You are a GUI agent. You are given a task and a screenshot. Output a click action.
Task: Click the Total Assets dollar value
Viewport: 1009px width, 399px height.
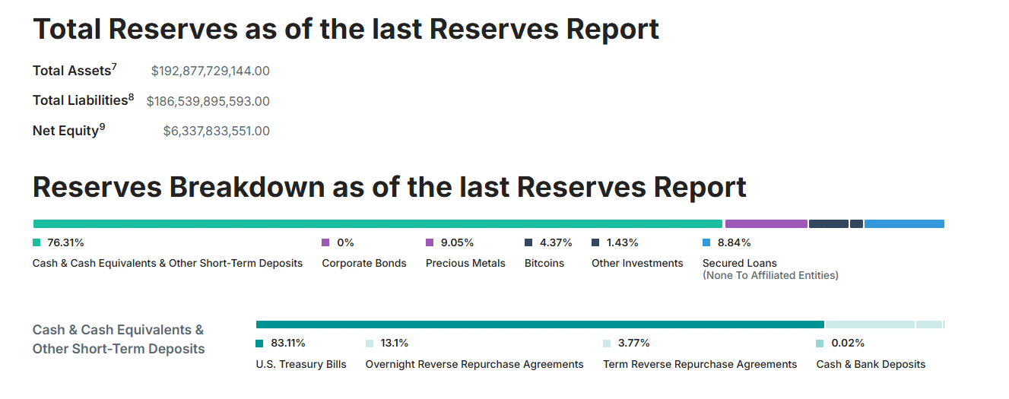(211, 71)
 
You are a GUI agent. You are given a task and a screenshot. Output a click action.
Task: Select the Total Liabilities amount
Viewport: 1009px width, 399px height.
(208, 101)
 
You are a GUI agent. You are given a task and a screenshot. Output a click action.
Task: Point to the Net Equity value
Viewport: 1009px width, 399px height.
(217, 131)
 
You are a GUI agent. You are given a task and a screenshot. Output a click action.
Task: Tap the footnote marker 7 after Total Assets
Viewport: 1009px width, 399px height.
(114, 67)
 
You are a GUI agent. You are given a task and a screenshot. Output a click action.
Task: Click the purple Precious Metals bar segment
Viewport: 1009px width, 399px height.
(766, 224)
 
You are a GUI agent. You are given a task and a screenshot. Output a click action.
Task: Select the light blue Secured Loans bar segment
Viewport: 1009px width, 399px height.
(904, 224)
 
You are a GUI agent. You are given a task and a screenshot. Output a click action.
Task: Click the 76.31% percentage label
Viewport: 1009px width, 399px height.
(65, 243)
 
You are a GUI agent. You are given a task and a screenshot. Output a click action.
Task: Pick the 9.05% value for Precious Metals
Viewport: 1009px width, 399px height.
(457, 243)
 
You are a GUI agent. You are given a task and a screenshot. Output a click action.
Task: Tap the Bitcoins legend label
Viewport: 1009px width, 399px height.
(544, 263)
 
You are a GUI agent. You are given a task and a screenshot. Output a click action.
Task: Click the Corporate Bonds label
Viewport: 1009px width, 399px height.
(364, 263)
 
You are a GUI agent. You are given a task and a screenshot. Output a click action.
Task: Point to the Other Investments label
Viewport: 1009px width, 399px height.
(637, 263)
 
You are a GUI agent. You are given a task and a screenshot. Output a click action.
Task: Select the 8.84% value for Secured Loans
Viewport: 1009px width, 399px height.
(735, 243)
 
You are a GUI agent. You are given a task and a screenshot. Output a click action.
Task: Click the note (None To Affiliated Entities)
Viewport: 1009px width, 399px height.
(770, 275)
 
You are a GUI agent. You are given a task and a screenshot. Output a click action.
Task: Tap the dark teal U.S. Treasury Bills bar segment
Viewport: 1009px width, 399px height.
(540, 325)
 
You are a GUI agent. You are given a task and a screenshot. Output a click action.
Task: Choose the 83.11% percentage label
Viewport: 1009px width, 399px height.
(288, 344)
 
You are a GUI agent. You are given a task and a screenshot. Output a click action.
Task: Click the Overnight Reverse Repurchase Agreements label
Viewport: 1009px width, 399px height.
(474, 364)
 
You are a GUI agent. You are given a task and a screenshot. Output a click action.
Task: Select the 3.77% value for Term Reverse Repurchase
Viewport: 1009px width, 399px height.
(634, 344)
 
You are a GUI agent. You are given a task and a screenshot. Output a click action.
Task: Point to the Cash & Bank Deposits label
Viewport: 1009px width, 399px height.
(871, 364)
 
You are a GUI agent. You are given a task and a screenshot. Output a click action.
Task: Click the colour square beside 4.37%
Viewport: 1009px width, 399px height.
(528, 243)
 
